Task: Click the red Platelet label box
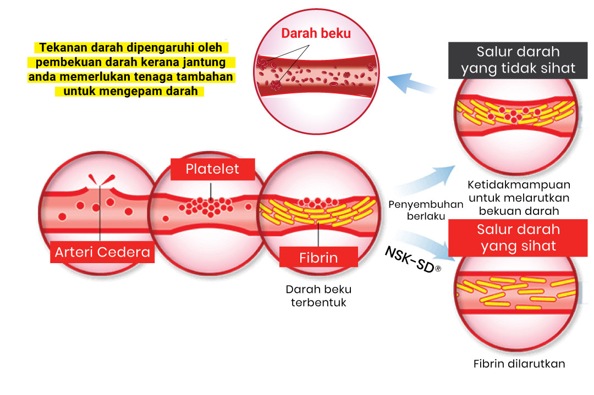point(212,169)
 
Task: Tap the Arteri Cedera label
point(102,252)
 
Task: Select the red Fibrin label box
point(318,257)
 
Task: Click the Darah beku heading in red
point(316,34)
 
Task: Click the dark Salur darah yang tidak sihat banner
point(518,60)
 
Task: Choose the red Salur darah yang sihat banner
point(518,238)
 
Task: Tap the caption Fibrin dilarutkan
point(519,364)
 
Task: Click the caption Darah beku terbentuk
point(318,296)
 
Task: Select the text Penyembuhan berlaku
point(426,210)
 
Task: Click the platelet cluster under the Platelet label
point(206,207)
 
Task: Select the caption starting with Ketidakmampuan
point(519,198)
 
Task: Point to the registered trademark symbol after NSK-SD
point(438,269)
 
